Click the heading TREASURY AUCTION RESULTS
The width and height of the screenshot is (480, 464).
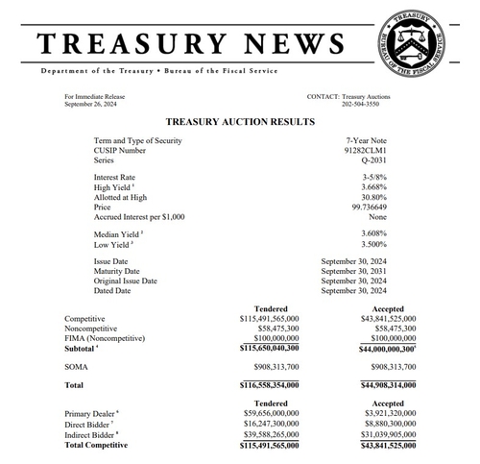pos(240,122)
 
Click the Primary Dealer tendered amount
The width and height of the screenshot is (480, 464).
pos(268,411)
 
